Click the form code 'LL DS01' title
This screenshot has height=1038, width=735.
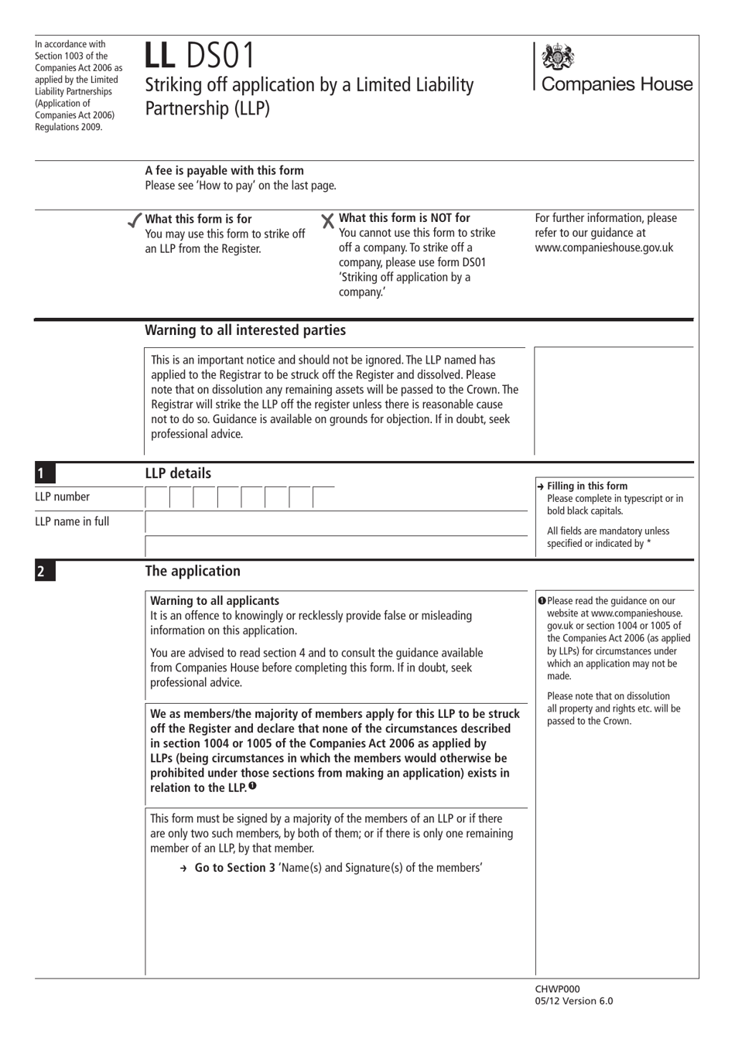pyautogui.click(x=199, y=56)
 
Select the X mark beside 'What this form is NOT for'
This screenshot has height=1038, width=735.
pyautogui.click(x=328, y=221)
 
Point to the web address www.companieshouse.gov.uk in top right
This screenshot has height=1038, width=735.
pyautogui.click(x=603, y=248)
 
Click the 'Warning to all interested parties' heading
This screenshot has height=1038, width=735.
pyautogui.click(x=245, y=330)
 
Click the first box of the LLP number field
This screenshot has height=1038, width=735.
pyautogui.click(x=157, y=498)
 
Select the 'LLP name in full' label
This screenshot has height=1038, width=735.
pyautogui.click(x=72, y=521)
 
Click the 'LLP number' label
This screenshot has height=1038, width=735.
pyautogui.click(x=62, y=497)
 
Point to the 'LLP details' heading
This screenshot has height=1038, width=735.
pyautogui.click(x=178, y=473)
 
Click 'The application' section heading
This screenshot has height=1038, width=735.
pyautogui.click(x=193, y=571)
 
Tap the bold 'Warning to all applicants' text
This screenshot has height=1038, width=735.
pyautogui.click(x=214, y=601)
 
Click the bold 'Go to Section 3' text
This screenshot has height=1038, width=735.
pyautogui.click(x=234, y=868)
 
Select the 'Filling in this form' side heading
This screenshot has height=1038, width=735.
pyautogui.click(x=586, y=486)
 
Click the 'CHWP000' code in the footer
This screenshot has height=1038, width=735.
pyautogui.click(x=557, y=988)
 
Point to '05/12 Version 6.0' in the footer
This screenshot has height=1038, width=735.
pyautogui.click(x=573, y=1001)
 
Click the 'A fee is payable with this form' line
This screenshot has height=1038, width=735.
pyautogui.click(x=224, y=170)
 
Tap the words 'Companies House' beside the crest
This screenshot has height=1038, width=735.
pyautogui.click(x=617, y=84)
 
